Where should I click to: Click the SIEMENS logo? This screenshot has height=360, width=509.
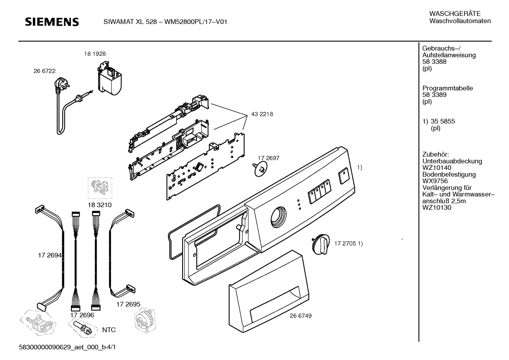coord(52,22)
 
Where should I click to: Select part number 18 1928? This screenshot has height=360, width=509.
coord(95,54)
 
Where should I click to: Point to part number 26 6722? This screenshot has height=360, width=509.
coord(44,71)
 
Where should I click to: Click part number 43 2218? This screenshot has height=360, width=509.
coord(262,114)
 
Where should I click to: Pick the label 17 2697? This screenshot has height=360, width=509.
coord(268,158)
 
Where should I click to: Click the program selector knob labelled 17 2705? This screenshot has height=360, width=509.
coord(321,244)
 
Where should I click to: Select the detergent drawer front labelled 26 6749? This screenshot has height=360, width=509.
coord(269,291)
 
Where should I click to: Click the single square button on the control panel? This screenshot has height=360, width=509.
coord(343,176)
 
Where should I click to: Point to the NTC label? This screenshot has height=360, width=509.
coord(109,330)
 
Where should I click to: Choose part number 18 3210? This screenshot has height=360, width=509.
coord(100,205)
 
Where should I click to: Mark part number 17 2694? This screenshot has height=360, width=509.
coord(50,255)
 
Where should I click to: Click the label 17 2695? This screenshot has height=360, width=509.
coord(128,304)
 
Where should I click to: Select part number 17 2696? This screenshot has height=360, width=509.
coord(82,315)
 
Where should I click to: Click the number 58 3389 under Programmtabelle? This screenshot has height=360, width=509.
coord(434,95)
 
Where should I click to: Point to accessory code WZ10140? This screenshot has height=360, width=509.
coord(437,168)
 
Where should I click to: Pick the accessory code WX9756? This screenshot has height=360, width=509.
coord(435,181)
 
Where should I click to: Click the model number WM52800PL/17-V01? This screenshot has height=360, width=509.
coord(196,22)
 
